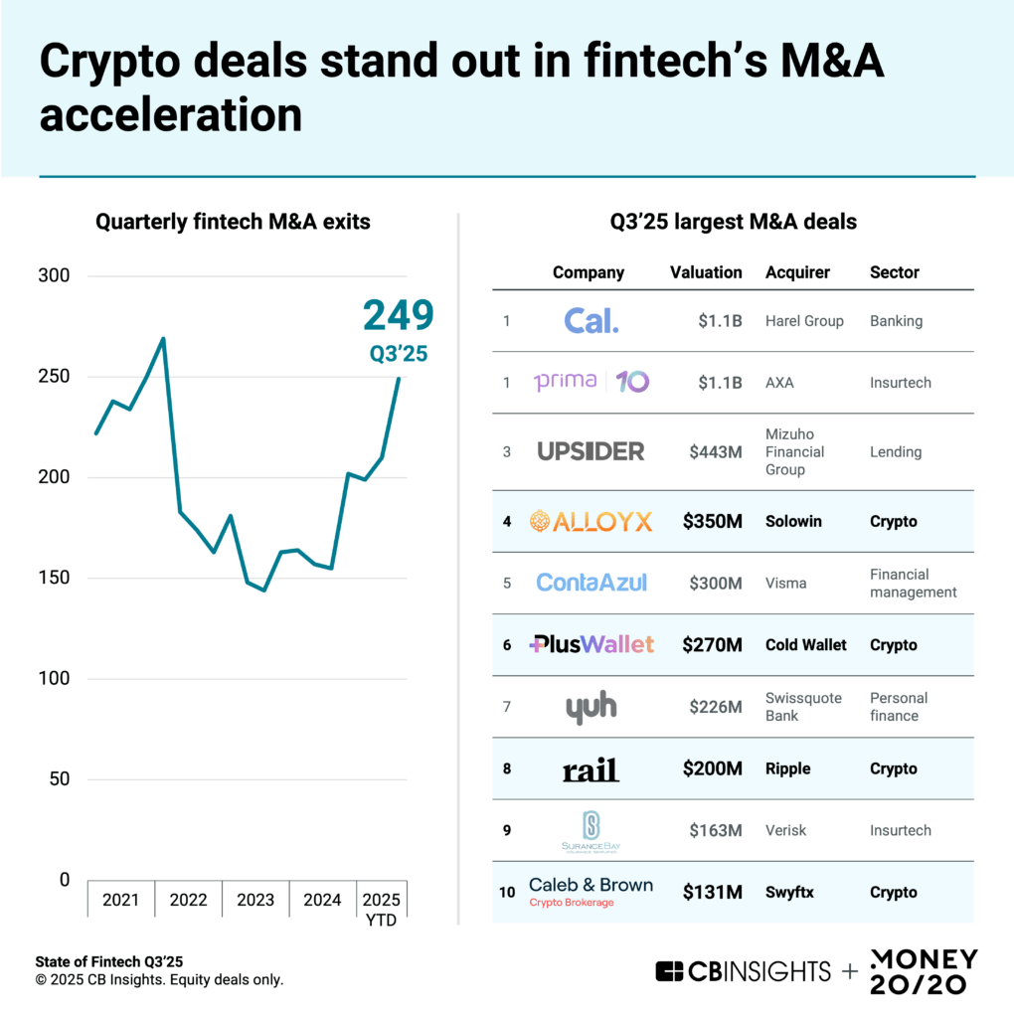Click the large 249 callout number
tap(398, 315)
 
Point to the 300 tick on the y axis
tap(56, 275)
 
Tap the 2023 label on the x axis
tap(255, 901)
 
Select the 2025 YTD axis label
tap(381, 909)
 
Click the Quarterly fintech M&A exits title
tap(233, 223)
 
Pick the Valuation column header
tap(706, 272)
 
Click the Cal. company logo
tap(591, 321)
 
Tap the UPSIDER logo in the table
tap(591, 451)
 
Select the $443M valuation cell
tap(716, 452)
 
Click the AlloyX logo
tap(591, 521)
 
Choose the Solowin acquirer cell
tap(793, 521)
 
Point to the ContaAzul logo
tap(591, 583)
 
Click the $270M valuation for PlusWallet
tap(712, 645)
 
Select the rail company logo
tap(591, 768)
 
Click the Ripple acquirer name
tap(787, 768)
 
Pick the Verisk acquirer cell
tap(786, 830)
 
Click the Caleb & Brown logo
tap(591, 891)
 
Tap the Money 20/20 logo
tap(924, 971)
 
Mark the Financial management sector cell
tap(913, 583)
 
